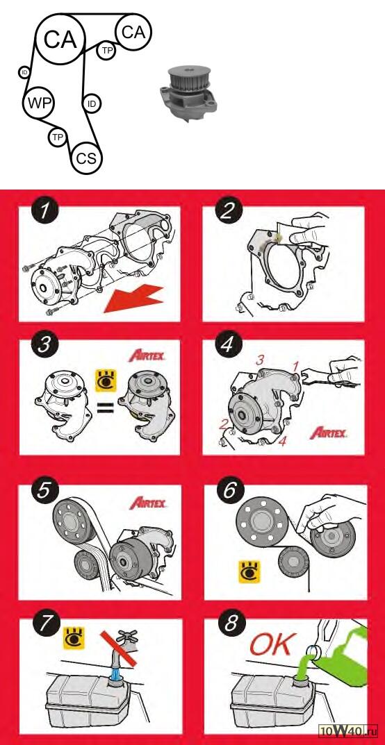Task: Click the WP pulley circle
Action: click(39, 102)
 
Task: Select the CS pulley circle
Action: click(86, 158)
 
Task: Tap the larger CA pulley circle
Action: click(60, 39)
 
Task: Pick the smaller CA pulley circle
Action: click(133, 32)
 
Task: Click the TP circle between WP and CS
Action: click(58, 137)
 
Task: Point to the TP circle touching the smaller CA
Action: click(106, 51)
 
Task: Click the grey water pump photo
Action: click(188, 94)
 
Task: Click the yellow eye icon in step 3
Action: click(106, 381)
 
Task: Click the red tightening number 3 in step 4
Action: click(259, 360)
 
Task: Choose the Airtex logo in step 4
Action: click(329, 433)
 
